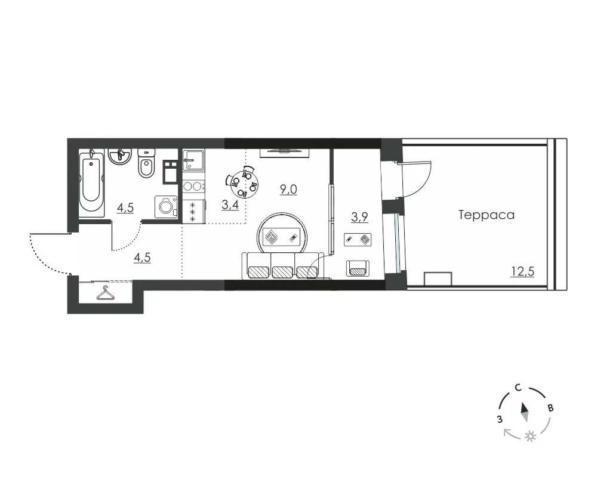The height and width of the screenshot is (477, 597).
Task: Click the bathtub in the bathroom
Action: (x=91, y=182)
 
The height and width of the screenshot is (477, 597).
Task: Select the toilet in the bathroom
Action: (x=146, y=163)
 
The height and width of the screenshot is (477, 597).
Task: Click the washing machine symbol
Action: (x=167, y=206)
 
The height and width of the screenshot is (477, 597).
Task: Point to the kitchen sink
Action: (x=193, y=160)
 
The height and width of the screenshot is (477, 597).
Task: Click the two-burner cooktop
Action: (x=193, y=187)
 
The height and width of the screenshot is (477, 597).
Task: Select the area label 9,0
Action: (x=288, y=190)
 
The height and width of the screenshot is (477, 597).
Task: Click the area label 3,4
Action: (x=230, y=205)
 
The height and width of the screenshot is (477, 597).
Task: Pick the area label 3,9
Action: (x=359, y=217)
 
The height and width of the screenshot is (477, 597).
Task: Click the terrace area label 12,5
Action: (x=523, y=272)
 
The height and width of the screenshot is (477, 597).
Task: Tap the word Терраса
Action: (x=487, y=215)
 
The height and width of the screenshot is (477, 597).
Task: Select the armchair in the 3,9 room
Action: (x=358, y=268)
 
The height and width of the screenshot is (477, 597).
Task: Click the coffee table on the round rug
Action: (x=282, y=238)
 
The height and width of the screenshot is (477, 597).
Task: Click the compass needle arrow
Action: (x=525, y=412)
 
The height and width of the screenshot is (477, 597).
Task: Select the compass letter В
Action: (x=550, y=408)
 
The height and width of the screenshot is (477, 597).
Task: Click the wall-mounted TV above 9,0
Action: (x=284, y=153)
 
